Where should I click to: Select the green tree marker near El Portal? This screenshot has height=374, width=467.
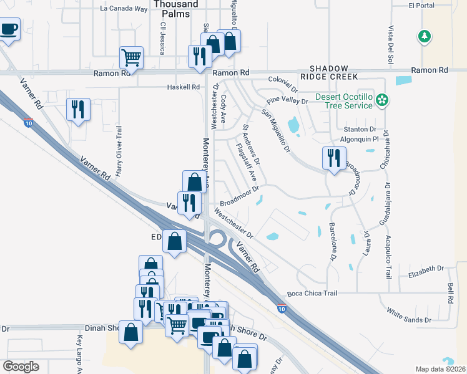tap(425, 37)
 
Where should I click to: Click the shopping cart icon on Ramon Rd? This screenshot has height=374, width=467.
tap(132, 58)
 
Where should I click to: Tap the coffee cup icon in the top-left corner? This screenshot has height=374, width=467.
tap(9, 29)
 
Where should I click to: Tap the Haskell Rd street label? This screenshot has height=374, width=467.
tap(183, 87)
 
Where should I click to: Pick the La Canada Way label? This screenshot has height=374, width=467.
tap(124, 9)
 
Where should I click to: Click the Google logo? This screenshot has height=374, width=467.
tap(21, 367)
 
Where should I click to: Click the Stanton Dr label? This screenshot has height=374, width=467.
tap(359, 129)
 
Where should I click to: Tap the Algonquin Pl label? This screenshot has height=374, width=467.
tap(362, 140)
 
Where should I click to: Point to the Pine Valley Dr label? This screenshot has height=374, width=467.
tap(287, 101)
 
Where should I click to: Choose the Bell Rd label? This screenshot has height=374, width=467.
tap(450, 293)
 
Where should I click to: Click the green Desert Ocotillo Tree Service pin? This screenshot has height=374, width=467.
tap(383, 98)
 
